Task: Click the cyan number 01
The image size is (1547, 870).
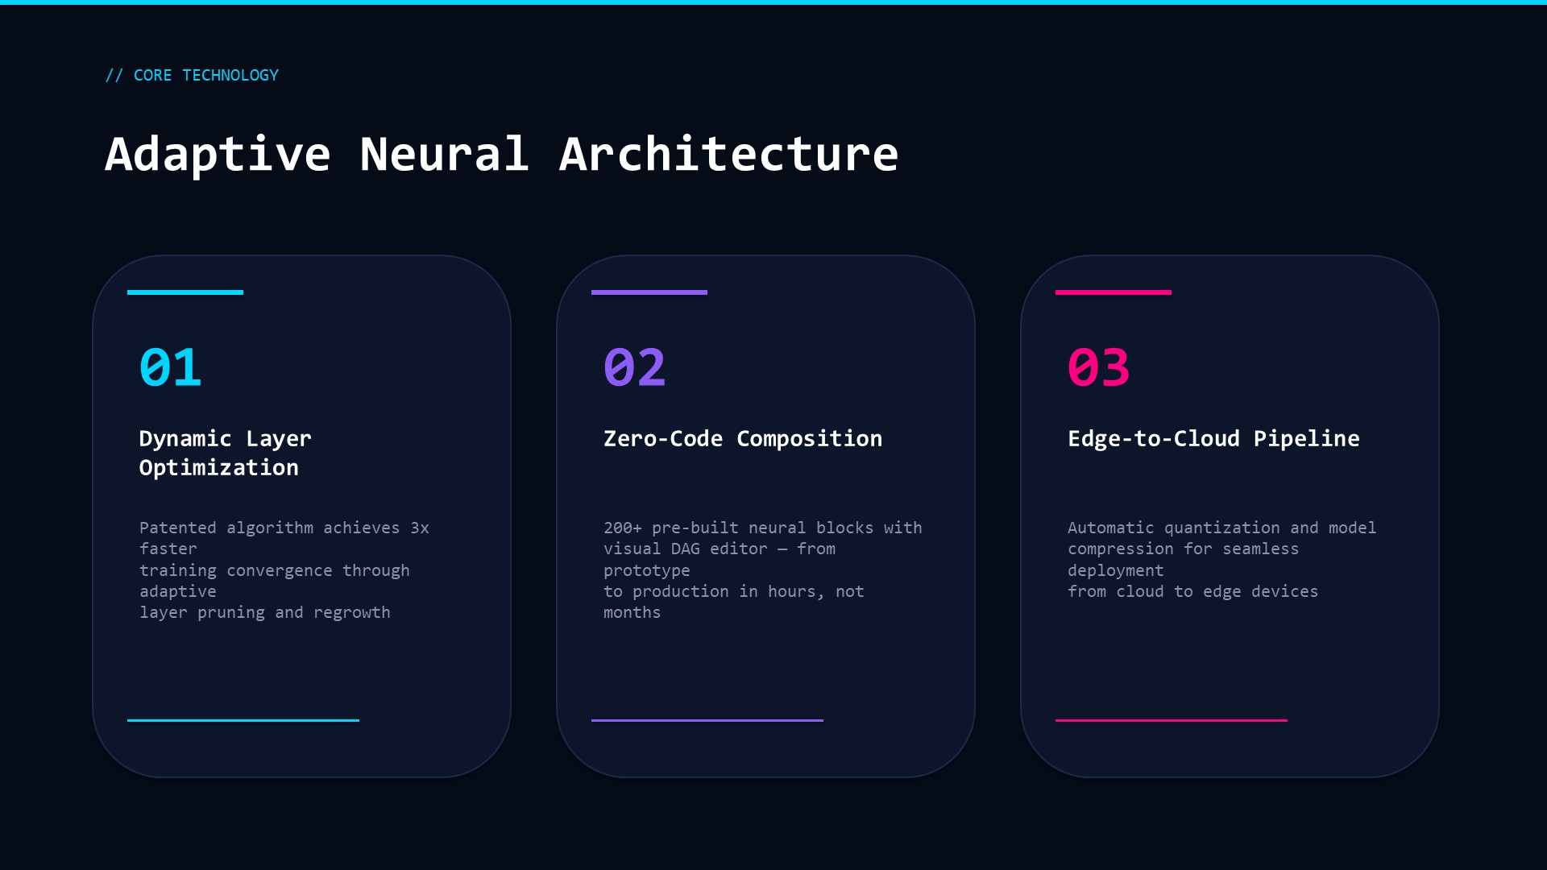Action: coord(170,367)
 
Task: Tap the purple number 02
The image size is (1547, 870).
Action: coord(635,367)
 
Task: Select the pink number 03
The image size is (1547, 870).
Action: coord(1099,367)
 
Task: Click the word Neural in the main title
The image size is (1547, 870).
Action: coord(444,154)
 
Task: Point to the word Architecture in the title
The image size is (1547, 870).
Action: coord(728,154)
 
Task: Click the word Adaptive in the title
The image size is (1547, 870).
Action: coord(218,155)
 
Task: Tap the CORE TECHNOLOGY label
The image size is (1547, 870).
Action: coord(206,75)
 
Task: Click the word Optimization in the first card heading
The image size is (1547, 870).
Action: coord(219,468)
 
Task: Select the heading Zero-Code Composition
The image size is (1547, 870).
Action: coord(743,438)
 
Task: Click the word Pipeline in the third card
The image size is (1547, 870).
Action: coord(1307,439)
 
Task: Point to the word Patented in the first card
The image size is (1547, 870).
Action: coord(178,528)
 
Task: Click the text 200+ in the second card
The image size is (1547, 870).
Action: coord(623,528)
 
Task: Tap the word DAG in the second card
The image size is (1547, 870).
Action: coord(686,549)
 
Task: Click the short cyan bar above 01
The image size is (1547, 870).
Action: coord(185,292)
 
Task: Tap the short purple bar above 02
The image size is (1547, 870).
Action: coord(649,292)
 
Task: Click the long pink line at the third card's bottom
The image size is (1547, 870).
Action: coord(1172,720)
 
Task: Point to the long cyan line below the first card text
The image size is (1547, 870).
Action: coord(243,720)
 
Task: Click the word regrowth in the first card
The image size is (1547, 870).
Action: coord(352,613)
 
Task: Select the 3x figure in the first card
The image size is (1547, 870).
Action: coord(420,528)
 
